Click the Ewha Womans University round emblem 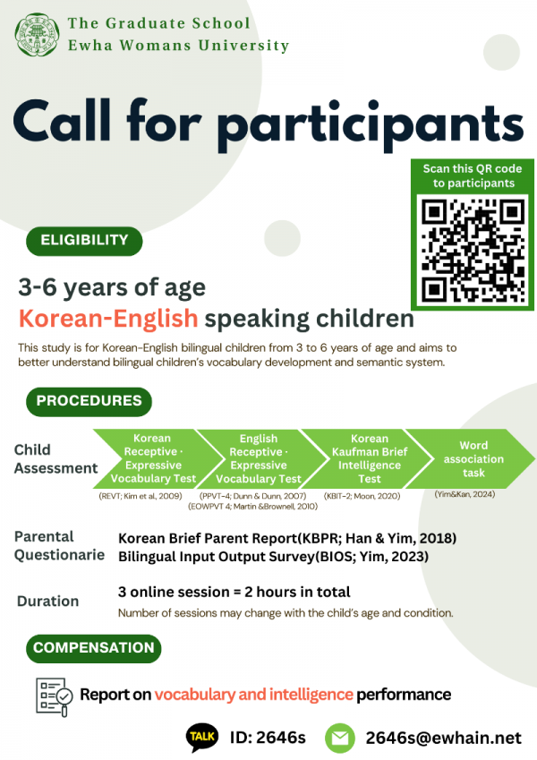34,34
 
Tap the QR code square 473,250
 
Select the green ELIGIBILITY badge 83,240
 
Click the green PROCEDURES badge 88,401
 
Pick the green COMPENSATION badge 93,647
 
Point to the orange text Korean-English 108,319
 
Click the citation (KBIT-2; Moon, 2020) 362,495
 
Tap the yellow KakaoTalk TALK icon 201,736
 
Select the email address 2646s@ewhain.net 443,737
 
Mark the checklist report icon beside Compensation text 53,694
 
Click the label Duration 47,602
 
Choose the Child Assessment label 55,458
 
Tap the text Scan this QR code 473,168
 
